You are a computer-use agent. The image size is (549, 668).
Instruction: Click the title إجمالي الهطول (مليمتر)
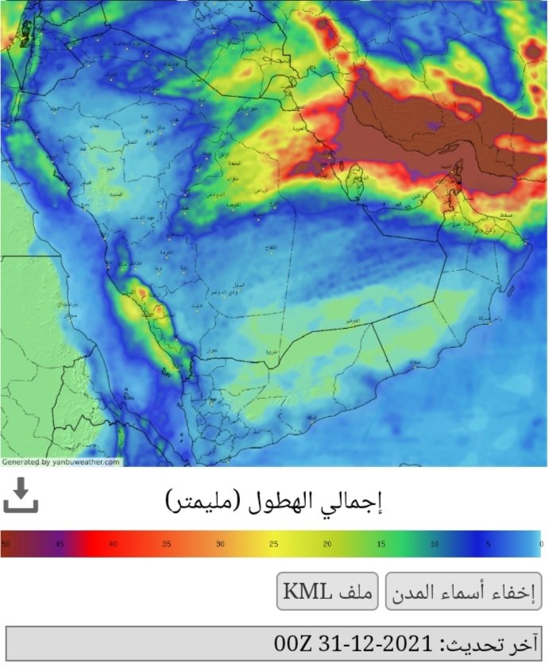(x=274, y=501)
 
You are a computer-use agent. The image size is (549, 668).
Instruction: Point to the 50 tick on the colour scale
(x=6, y=544)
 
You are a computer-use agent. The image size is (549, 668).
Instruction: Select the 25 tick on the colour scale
(x=273, y=544)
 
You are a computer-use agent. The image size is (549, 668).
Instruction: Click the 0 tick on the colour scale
(x=540, y=544)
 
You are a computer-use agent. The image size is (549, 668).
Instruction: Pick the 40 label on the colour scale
(x=113, y=544)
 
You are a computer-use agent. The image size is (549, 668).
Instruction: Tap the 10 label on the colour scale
(x=434, y=544)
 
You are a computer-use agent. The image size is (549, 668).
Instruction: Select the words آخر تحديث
(x=488, y=643)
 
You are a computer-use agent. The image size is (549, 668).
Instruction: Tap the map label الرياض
(x=264, y=191)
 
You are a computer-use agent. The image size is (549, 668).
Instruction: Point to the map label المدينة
(x=115, y=192)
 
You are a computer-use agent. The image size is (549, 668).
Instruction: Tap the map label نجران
(x=210, y=349)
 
